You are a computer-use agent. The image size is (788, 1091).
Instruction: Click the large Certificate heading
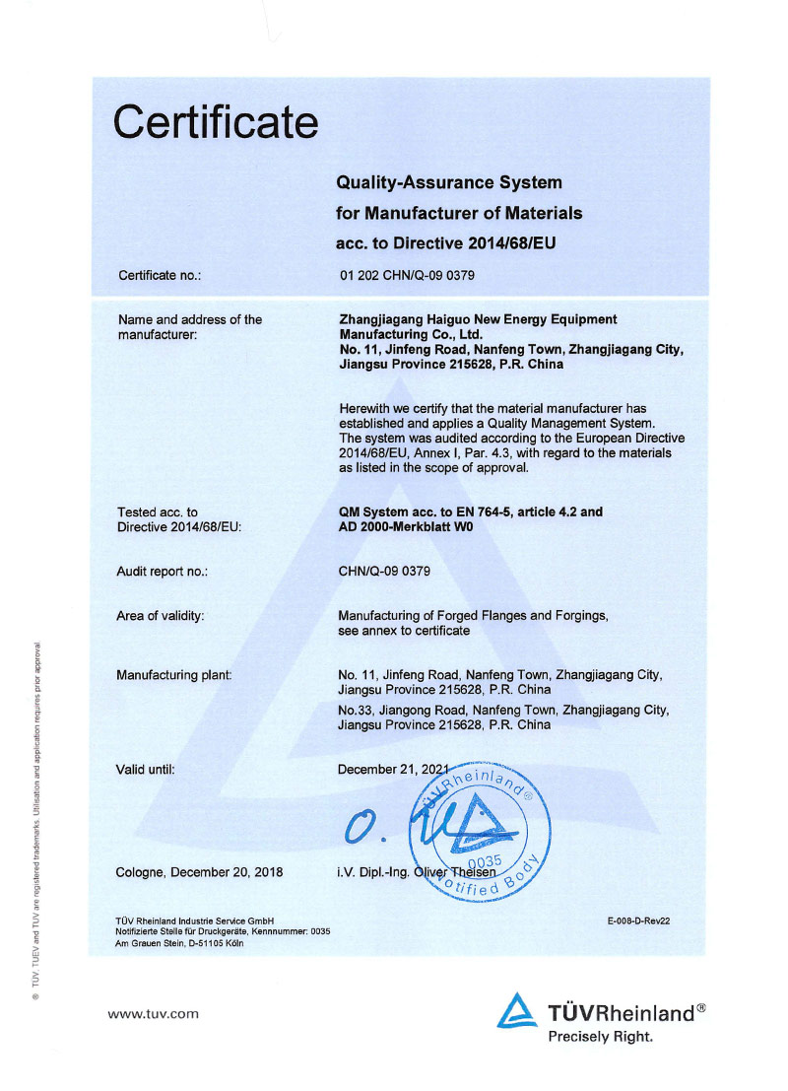point(216,122)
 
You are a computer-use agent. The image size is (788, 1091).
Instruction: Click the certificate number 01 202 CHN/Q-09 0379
point(406,275)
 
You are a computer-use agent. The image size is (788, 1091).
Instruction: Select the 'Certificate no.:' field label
point(160,275)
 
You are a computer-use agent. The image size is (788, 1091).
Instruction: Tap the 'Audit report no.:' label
point(162,571)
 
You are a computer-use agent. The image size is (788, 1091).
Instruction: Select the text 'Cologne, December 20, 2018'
point(199,872)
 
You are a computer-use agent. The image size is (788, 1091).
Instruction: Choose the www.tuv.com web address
point(153,1012)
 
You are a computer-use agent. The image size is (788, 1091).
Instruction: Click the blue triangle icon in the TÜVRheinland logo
point(517,1012)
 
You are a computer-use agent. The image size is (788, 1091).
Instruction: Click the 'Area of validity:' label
point(161,616)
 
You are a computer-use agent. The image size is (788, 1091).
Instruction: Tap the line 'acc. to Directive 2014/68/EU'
point(446,242)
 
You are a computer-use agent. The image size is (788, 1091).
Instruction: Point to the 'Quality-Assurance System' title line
point(449,182)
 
